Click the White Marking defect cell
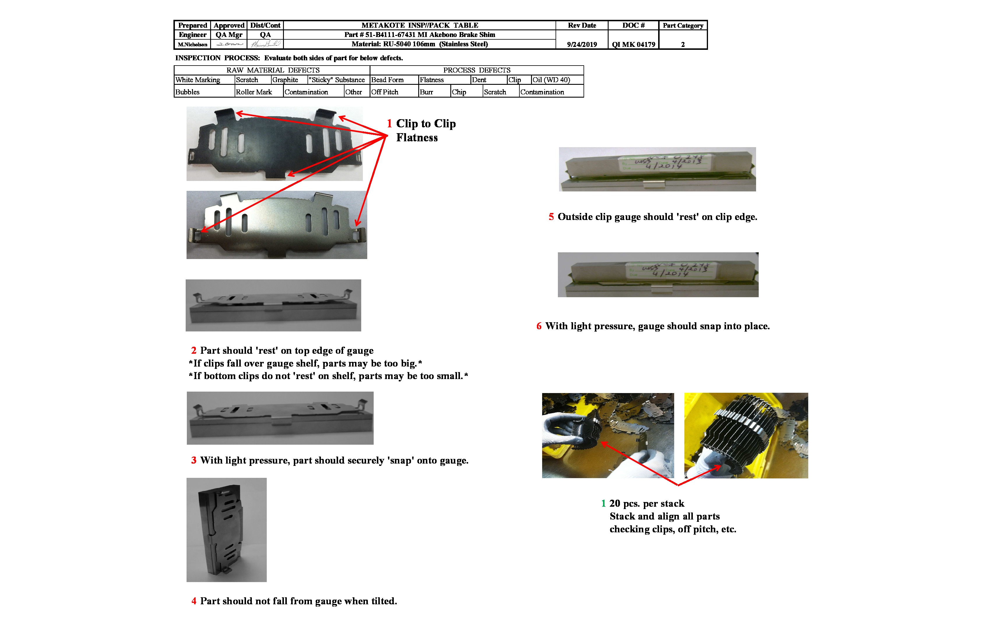pyautogui.click(x=198, y=80)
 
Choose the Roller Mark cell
pyautogui.click(x=254, y=92)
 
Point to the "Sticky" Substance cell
pyautogui.click(x=336, y=80)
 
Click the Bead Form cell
pyautogui.click(x=387, y=80)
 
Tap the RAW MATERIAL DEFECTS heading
pyautogui.click(x=273, y=70)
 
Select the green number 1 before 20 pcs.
pyautogui.click(x=603, y=504)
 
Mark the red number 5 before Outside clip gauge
pyautogui.click(x=551, y=217)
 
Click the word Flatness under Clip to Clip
pyautogui.click(x=417, y=138)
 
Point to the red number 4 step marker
pyautogui.click(x=194, y=601)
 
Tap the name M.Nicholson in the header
pyautogui.click(x=192, y=45)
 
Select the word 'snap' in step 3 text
pyautogui.click(x=400, y=460)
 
